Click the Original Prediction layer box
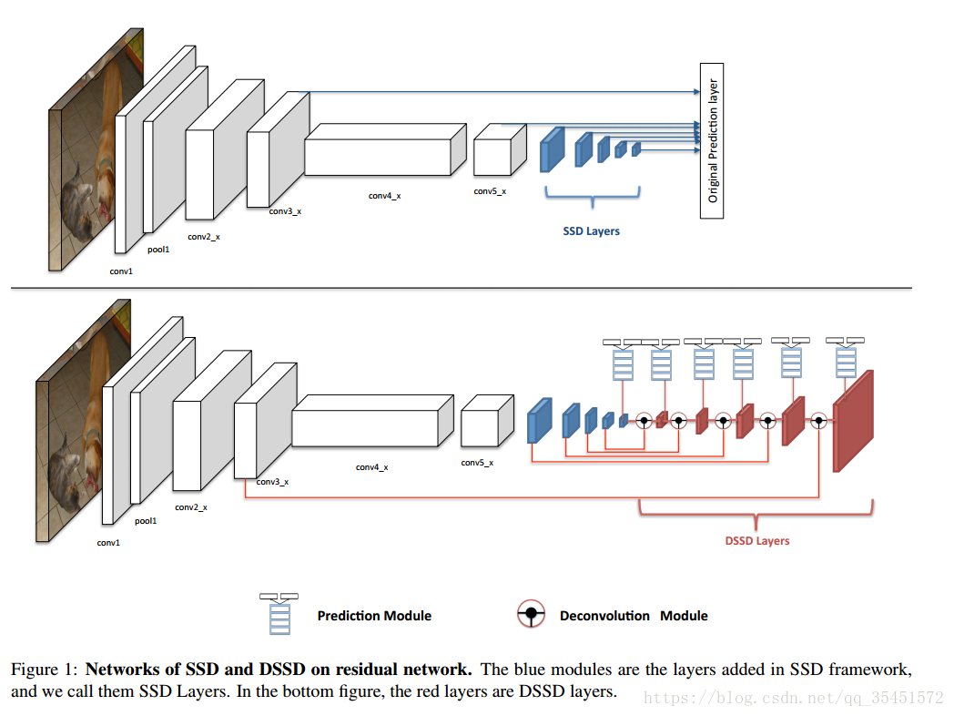point(711,141)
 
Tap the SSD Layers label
point(591,231)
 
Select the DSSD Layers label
point(756,541)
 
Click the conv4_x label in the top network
point(384,196)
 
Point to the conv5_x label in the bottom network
point(477,463)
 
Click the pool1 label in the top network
point(158,249)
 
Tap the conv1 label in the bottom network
point(108,543)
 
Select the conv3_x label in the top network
point(285,211)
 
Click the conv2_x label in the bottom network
point(191,507)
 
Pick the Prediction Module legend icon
point(279,614)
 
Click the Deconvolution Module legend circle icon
point(531,615)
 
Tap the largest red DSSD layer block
point(852,422)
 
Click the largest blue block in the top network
point(552,150)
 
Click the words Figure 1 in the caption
point(44,670)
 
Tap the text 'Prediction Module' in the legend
point(374,616)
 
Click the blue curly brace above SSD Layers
point(593,195)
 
